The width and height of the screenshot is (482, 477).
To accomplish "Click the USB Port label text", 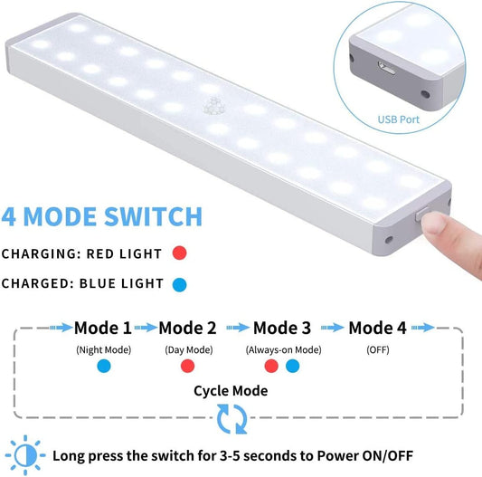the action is pos(399,119).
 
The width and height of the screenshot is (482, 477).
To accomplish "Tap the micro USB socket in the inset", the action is pos(386,68).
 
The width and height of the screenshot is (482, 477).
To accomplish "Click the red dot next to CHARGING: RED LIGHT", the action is pos(180,253).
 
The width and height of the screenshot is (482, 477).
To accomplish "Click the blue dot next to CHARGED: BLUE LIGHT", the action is pos(180,284).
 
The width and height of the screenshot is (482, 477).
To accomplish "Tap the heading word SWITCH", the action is pos(154,216).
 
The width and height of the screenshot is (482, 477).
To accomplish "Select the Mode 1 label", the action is pos(103,328).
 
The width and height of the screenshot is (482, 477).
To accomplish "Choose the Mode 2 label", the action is pos(187,328).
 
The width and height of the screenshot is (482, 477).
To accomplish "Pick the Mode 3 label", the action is pos(282,328).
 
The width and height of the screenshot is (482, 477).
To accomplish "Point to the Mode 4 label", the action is pos(377,328).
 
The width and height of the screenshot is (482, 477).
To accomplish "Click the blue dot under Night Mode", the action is pos(104,367).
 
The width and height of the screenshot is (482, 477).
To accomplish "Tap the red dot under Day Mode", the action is pos(187,367).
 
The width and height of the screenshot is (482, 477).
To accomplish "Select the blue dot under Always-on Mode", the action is pos(292,367).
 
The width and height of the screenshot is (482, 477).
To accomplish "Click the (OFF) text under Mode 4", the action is pos(378,350).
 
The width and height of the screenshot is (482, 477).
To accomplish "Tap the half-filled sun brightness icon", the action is pos(25,455).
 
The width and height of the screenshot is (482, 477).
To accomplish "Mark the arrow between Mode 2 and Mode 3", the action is pos(238,328).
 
